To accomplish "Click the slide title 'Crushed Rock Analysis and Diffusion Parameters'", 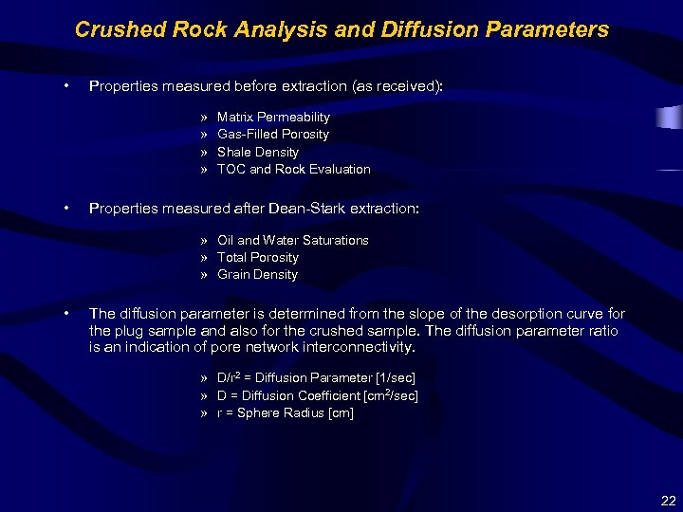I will tap(341, 29).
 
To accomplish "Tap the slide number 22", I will tap(668, 500).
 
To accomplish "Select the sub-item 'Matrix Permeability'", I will tap(273, 117).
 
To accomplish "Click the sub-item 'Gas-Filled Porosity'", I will tap(272, 134).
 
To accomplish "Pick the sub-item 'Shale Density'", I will tap(257, 152).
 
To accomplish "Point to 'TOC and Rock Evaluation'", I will tap(293, 169).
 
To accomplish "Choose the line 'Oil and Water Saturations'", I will tap(292, 240).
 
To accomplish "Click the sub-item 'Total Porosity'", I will tap(257, 257).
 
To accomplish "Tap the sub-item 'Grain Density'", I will tap(257, 274).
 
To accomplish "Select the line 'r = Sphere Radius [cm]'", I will tap(285, 412).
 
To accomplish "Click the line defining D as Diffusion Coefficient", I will tap(317, 395).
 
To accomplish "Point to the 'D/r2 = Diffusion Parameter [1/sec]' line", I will tap(316, 377).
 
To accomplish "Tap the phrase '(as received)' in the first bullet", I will tap(397, 86).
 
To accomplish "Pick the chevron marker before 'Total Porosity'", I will tap(204, 257).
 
